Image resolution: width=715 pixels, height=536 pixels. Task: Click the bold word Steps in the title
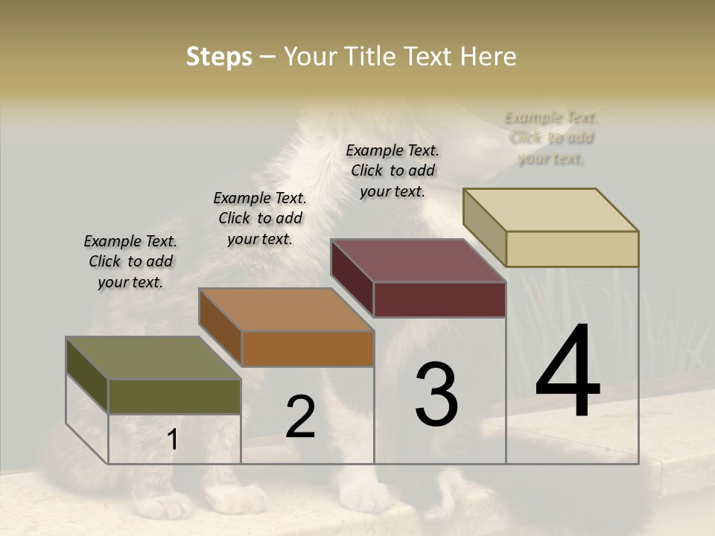pyautogui.click(x=219, y=57)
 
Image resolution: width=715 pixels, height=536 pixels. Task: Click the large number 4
pyautogui.click(x=568, y=372)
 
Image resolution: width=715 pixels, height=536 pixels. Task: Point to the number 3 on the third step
pyautogui.click(x=436, y=395)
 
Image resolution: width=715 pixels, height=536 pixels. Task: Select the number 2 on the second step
pyautogui.click(x=300, y=417)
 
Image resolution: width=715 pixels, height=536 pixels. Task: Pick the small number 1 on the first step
pyautogui.click(x=173, y=440)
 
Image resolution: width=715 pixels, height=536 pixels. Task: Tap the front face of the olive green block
pyautogui.click(x=174, y=396)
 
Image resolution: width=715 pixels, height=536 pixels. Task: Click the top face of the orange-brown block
pyautogui.click(x=286, y=309)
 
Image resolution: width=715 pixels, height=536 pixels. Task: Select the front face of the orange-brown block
pyautogui.click(x=308, y=348)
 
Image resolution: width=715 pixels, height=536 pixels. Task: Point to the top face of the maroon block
pyautogui.click(x=419, y=260)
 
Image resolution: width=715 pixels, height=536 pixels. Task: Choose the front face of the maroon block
pyautogui.click(x=439, y=299)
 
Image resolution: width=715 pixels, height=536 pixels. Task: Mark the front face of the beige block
pyautogui.click(x=572, y=249)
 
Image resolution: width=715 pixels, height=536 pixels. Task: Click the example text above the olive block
pyautogui.click(x=130, y=261)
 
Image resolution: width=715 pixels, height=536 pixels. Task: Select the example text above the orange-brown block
pyautogui.click(x=260, y=218)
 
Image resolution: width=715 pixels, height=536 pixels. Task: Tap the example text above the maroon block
pyautogui.click(x=393, y=170)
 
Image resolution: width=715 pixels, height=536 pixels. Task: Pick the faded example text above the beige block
pyautogui.click(x=551, y=138)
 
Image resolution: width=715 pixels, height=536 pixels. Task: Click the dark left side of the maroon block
pyautogui.click(x=352, y=278)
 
